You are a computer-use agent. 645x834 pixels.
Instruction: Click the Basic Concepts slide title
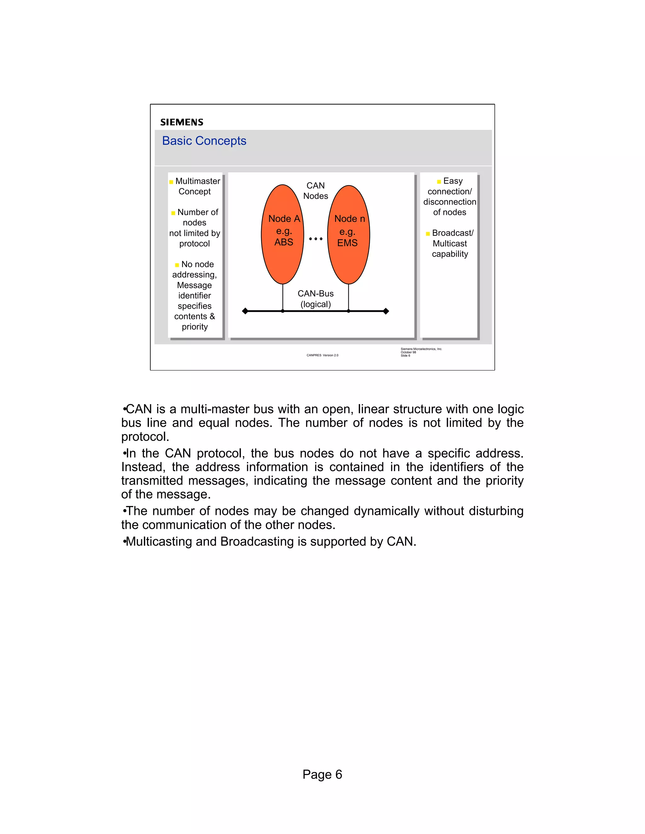pyautogui.click(x=204, y=141)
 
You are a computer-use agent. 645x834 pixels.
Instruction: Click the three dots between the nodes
pyautogui.click(x=316, y=239)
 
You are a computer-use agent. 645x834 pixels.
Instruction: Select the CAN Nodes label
pyautogui.click(x=316, y=190)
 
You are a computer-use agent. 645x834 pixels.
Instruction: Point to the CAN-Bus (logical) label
pyautogui.click(x=316, y=299)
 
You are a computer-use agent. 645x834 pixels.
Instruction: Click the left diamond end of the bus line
pyautogui.click(x=245, y=311)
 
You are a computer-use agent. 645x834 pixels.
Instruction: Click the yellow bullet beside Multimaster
pyautogui.click(x=171, y=182)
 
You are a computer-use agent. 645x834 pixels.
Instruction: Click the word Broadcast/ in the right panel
pyautogui.click(x=453, y=233)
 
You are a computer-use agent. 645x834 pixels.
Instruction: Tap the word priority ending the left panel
pyautogui.click(x=195, y=327)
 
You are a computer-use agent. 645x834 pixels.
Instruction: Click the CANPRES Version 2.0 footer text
pyautogui.click(x=322, y=355)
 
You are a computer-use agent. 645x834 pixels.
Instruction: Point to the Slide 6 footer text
pyautogui.click(x=405, y=356)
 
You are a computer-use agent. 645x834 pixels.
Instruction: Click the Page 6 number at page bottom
pyautogui.click(x=322, y=775)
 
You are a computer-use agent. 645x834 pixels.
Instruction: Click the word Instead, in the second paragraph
pyautogui.click(x=143, y=467)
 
